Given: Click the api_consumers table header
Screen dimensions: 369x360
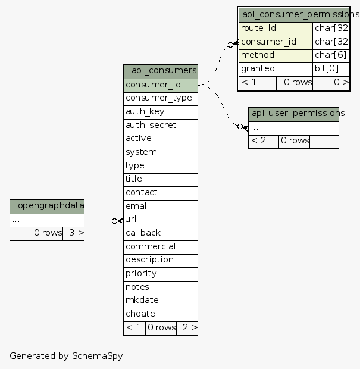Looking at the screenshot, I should (x=161, y=71).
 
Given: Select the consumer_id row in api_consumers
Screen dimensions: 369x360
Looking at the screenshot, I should (x=161, y=85).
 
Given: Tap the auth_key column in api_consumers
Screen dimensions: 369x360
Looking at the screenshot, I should (x=161, y=111).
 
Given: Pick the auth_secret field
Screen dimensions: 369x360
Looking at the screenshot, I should (x=161, y=125).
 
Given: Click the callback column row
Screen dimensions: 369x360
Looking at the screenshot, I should (x=161, y=233).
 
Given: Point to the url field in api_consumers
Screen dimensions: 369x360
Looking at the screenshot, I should (x=161, y=220).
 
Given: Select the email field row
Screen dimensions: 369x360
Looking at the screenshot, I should (x=161, y=206).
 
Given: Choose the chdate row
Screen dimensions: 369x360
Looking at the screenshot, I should (x=161, y=314).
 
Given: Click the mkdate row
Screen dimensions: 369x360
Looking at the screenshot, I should (x=161, y=300).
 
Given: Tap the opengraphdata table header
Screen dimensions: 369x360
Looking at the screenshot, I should (x=47, y=206).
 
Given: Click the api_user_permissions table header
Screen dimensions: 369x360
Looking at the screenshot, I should (x=293, y=114).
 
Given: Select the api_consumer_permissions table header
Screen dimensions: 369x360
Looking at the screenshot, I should (x=294, y=14).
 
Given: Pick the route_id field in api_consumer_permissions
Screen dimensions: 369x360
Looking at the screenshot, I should (x=276, y=29).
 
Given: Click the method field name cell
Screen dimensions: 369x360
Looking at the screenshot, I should (x=276, y=55).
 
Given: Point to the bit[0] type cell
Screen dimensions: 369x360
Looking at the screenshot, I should (x=331, y=69).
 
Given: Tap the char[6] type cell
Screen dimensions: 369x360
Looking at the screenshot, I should (x=331, y=55).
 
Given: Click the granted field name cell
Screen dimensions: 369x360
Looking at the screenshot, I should (x=276, y=69).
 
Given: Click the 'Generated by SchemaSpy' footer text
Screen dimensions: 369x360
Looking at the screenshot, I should (x=66, y=356).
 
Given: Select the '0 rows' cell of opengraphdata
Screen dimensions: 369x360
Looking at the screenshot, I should (x=48, y=233).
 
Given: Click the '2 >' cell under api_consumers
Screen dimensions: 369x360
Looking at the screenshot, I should (x=187, y=327).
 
